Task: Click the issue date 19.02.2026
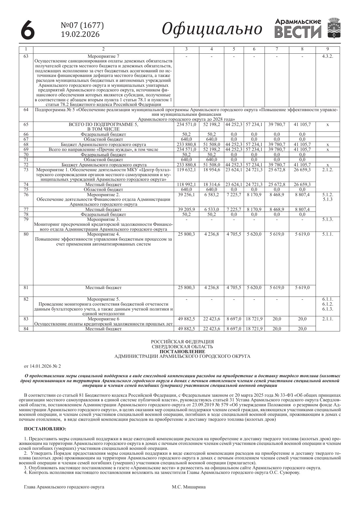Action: [80, 34]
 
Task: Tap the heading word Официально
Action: [212, 29]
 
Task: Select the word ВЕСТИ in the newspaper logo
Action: [298, 32]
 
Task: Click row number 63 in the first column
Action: [26, 56]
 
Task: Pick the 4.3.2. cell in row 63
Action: [328, 56]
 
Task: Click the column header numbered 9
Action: [328, 49]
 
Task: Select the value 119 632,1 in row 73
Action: [186, 169]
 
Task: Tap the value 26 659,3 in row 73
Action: [302, 169]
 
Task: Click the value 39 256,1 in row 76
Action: [186, 195]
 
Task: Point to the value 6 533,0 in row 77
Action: [211, 209]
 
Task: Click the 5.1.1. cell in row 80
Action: [328, 234]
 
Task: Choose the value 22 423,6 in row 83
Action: [211, 319]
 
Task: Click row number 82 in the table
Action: [26, 299]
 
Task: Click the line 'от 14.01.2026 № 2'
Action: [42, 367]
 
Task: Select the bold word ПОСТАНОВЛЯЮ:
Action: [45, 428]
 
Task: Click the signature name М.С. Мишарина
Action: [189, 487]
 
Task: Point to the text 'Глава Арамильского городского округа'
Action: [64, 487]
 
